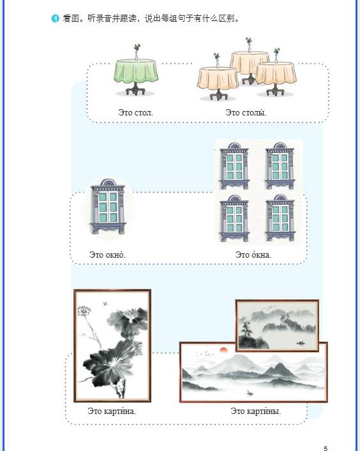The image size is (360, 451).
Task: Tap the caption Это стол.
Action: (135, 112)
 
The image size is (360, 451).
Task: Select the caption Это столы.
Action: (246, 112)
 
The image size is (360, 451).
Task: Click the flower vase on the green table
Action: (137, 52)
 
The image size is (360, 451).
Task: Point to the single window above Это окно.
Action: (108, 206)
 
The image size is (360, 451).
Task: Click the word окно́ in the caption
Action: (115, 255)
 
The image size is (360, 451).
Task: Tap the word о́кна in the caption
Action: (261, 255)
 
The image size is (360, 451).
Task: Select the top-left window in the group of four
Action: (234, 166)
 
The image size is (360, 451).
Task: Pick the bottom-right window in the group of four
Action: (280, 218)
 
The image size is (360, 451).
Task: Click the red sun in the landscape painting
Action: (223, 350)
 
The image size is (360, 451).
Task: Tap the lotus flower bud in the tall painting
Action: (84, 311)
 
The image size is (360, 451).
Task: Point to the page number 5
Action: (326, 448)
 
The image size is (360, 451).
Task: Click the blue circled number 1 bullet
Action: (55, 18)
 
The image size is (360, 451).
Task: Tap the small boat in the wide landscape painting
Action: (250, 392)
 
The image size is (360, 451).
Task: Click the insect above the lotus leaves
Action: (105, 303)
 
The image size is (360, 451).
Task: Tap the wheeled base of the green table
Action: (135, 89)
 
